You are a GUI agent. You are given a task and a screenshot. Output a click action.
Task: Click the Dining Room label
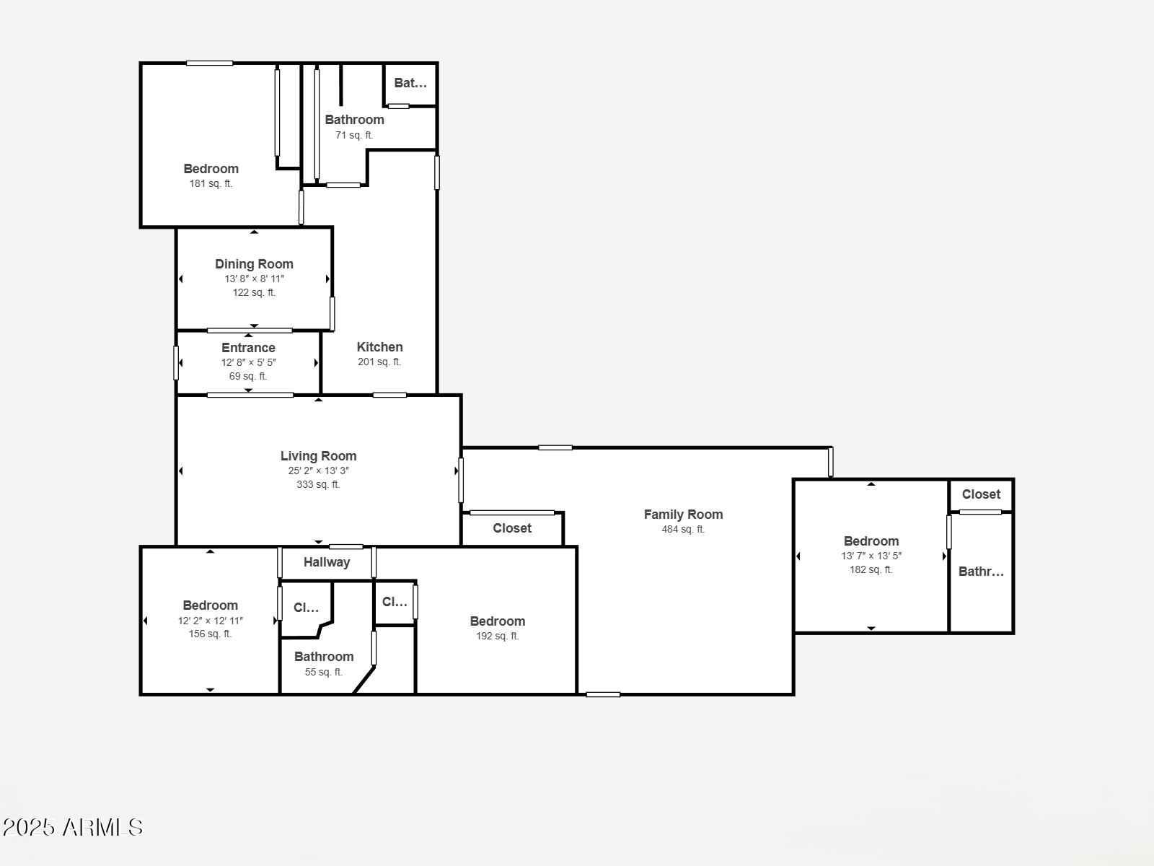[x=254, y=264]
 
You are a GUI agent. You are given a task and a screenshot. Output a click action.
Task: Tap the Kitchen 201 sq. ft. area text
[x=379, y=362]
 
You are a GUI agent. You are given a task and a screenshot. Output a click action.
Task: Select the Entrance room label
[x=248, y=348]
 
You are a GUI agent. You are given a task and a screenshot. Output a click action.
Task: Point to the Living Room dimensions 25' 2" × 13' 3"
[x=318, y=471]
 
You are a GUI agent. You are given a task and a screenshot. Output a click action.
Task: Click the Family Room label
[x=683, y=515]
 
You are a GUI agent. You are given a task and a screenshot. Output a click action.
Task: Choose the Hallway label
[x=327, y=562]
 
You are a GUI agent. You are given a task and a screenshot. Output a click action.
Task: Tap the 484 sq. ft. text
[x=683, y=529]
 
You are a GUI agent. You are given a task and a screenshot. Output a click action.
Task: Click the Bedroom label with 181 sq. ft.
[x=211, y=169]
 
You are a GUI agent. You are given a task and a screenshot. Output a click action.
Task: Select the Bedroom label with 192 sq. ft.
[x=497, y=621]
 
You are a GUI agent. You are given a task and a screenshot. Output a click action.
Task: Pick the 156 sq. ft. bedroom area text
[x=210, y=634]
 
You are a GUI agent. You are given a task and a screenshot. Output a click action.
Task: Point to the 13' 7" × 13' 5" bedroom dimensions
[x=871, y=556]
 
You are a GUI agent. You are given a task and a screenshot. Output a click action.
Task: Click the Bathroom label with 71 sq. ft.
[x=354, y=120]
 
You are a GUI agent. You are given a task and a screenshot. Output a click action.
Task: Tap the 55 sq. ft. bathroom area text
[x=323, y=672]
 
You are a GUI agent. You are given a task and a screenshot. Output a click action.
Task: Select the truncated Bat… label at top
[x=410, y=83]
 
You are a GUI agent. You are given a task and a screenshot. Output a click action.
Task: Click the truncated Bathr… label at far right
[x=981, y=572]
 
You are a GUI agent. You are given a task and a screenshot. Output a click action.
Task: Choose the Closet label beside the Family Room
[x=512, y=528]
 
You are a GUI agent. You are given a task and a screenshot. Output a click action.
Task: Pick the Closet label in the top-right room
[x=981, y=494]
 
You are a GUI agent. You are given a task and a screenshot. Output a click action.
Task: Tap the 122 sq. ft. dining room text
[x=254, y=292]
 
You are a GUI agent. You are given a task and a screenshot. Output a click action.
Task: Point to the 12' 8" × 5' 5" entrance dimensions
[x=248, y=362]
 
